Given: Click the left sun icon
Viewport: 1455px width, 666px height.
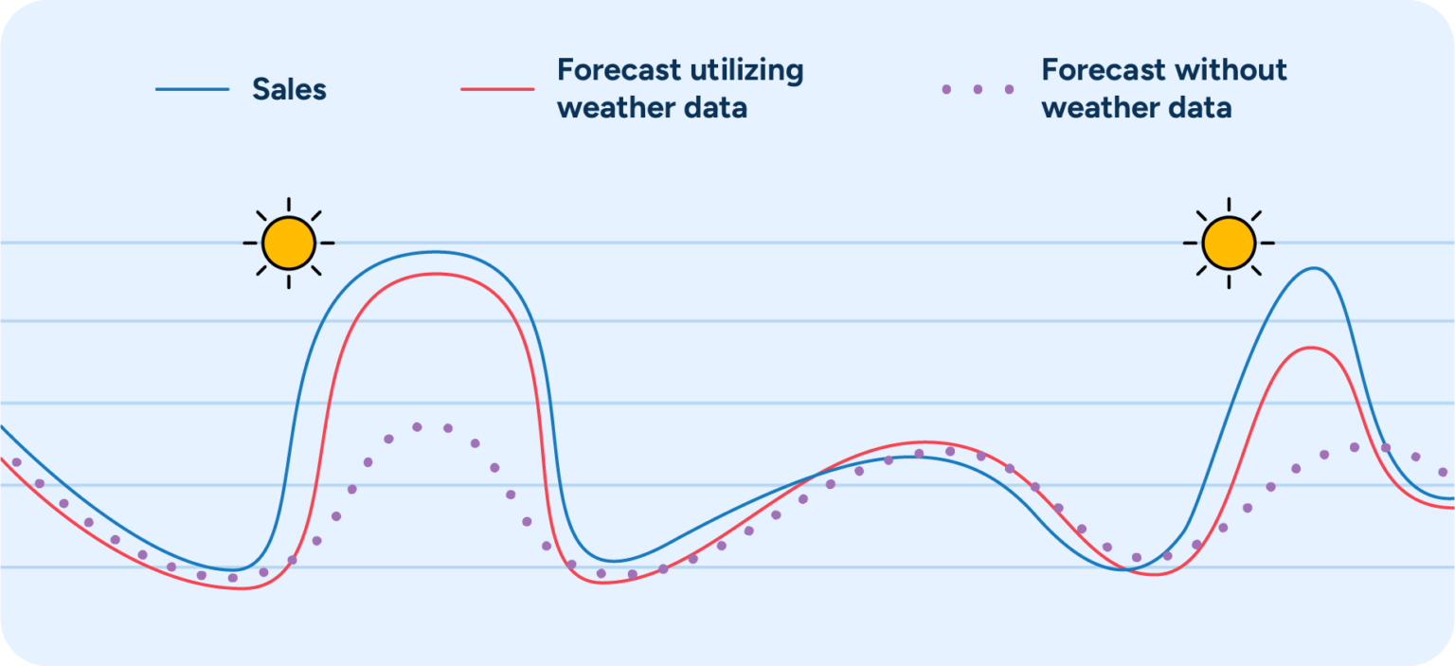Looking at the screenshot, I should (288, 243).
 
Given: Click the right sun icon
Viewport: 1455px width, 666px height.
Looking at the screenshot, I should (1229, 243).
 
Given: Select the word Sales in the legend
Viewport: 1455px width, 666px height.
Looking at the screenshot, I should (289, 90).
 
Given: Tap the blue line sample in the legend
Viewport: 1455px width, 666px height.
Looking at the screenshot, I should (192, 90).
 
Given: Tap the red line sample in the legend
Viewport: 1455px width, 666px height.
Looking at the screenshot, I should (497, 90).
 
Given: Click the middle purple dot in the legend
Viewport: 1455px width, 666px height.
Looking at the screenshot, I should (978, 90).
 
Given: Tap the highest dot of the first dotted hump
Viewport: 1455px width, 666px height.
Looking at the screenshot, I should (417, 426).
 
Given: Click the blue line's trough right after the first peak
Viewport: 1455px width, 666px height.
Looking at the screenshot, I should (612, 561).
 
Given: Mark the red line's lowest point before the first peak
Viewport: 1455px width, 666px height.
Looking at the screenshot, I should (242, 589).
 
